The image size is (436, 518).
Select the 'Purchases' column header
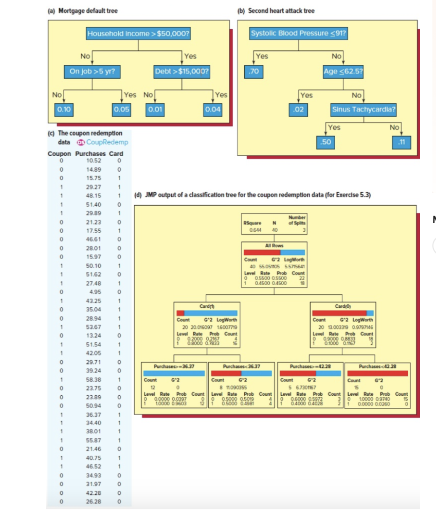pyautogui.click(x=90, y=153)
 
